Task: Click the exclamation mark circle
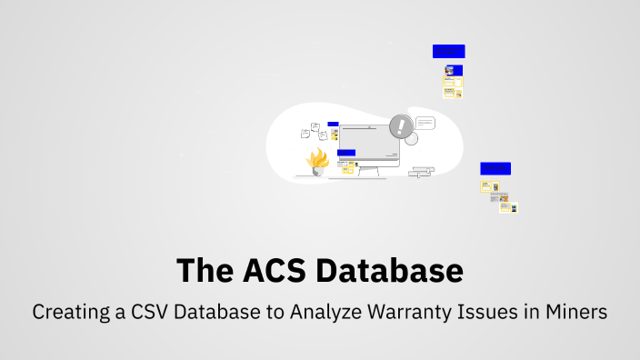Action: (x=401, y=126)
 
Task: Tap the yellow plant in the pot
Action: (x=317, y=160)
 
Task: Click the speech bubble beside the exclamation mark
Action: (x=425, y=123)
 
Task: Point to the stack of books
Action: (x=422, y=170)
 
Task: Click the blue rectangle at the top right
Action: (x=448, y=52)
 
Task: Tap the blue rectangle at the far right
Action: (x=495, y=168)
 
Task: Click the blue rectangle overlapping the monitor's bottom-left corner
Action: (x=346, y=153)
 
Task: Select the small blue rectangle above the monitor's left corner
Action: (x=333, y=124)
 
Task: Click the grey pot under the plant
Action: (x=317, y=171)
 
